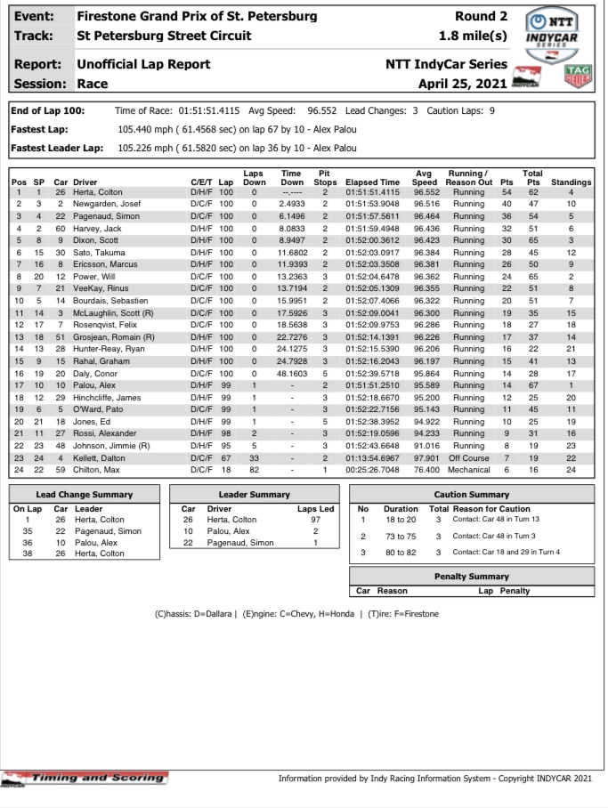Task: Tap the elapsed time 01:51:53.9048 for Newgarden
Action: [x=372, y=204]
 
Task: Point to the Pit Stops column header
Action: [x=326, y=177]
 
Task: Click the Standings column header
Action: [x=572, y=182]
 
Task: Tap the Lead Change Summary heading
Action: [x=85, y=494]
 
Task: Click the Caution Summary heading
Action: [x=472, y=494]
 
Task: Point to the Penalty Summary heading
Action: [x=472, y=577]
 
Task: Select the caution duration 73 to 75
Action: [x=401, y=537]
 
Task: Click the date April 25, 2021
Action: [x=463, y=84]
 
